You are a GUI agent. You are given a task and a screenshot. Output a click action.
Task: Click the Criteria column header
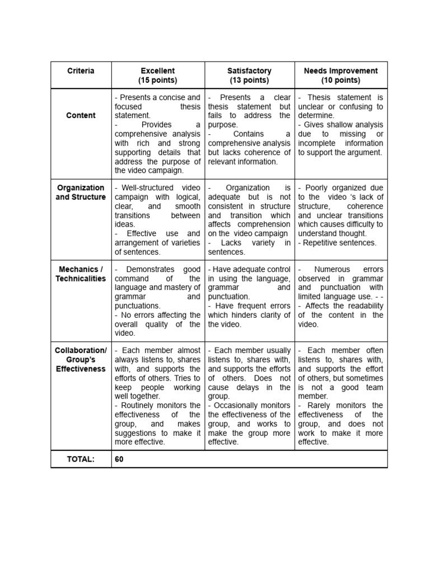coord(81,71)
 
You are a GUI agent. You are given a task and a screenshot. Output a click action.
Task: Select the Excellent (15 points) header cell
coord(157,76)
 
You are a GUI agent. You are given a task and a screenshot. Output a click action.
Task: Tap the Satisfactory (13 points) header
coord(249,76)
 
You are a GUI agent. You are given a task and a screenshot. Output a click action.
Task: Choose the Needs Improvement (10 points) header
coord(340,76)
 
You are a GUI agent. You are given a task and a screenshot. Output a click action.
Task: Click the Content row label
coord(81,115)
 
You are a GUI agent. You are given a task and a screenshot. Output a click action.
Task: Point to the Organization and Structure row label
coord(81,192)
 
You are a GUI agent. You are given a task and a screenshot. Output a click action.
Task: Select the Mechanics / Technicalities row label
coord(81,274)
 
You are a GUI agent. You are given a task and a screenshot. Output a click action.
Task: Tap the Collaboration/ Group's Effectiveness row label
coord(81,360)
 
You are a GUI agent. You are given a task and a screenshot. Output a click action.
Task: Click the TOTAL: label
coord(81,459)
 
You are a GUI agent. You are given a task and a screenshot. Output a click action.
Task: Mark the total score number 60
coord(119,459)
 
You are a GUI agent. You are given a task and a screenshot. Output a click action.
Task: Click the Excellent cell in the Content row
coord(157,134)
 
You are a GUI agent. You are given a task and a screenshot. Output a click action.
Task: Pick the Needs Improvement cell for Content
coord(340,125)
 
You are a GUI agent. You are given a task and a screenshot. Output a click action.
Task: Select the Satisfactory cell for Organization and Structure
coord(249,220)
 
